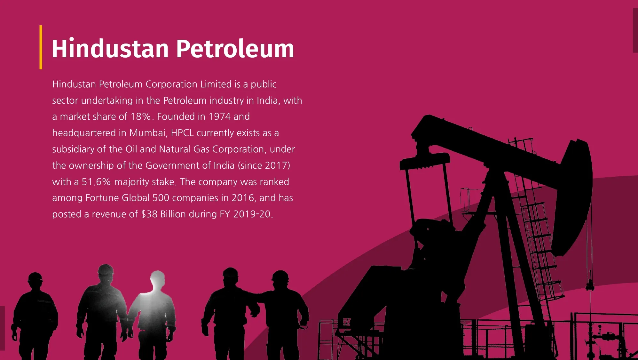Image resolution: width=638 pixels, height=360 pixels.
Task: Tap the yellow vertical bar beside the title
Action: click(x=41, y=47)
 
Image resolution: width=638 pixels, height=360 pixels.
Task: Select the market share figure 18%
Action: click(x=140, y=116)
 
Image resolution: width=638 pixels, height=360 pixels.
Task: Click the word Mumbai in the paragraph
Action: click(x=148, y=133)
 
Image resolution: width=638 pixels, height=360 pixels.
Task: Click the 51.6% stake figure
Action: click(x=96, y=182)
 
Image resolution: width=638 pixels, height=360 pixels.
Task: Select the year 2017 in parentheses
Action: click(x=277, y=165)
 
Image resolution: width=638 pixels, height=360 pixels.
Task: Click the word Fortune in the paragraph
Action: click(x=102, y=198)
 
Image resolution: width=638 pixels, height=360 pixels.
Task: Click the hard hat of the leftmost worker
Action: click(x=35, y=277)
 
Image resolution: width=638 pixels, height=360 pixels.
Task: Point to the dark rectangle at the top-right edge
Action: click(x=635, y=30)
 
